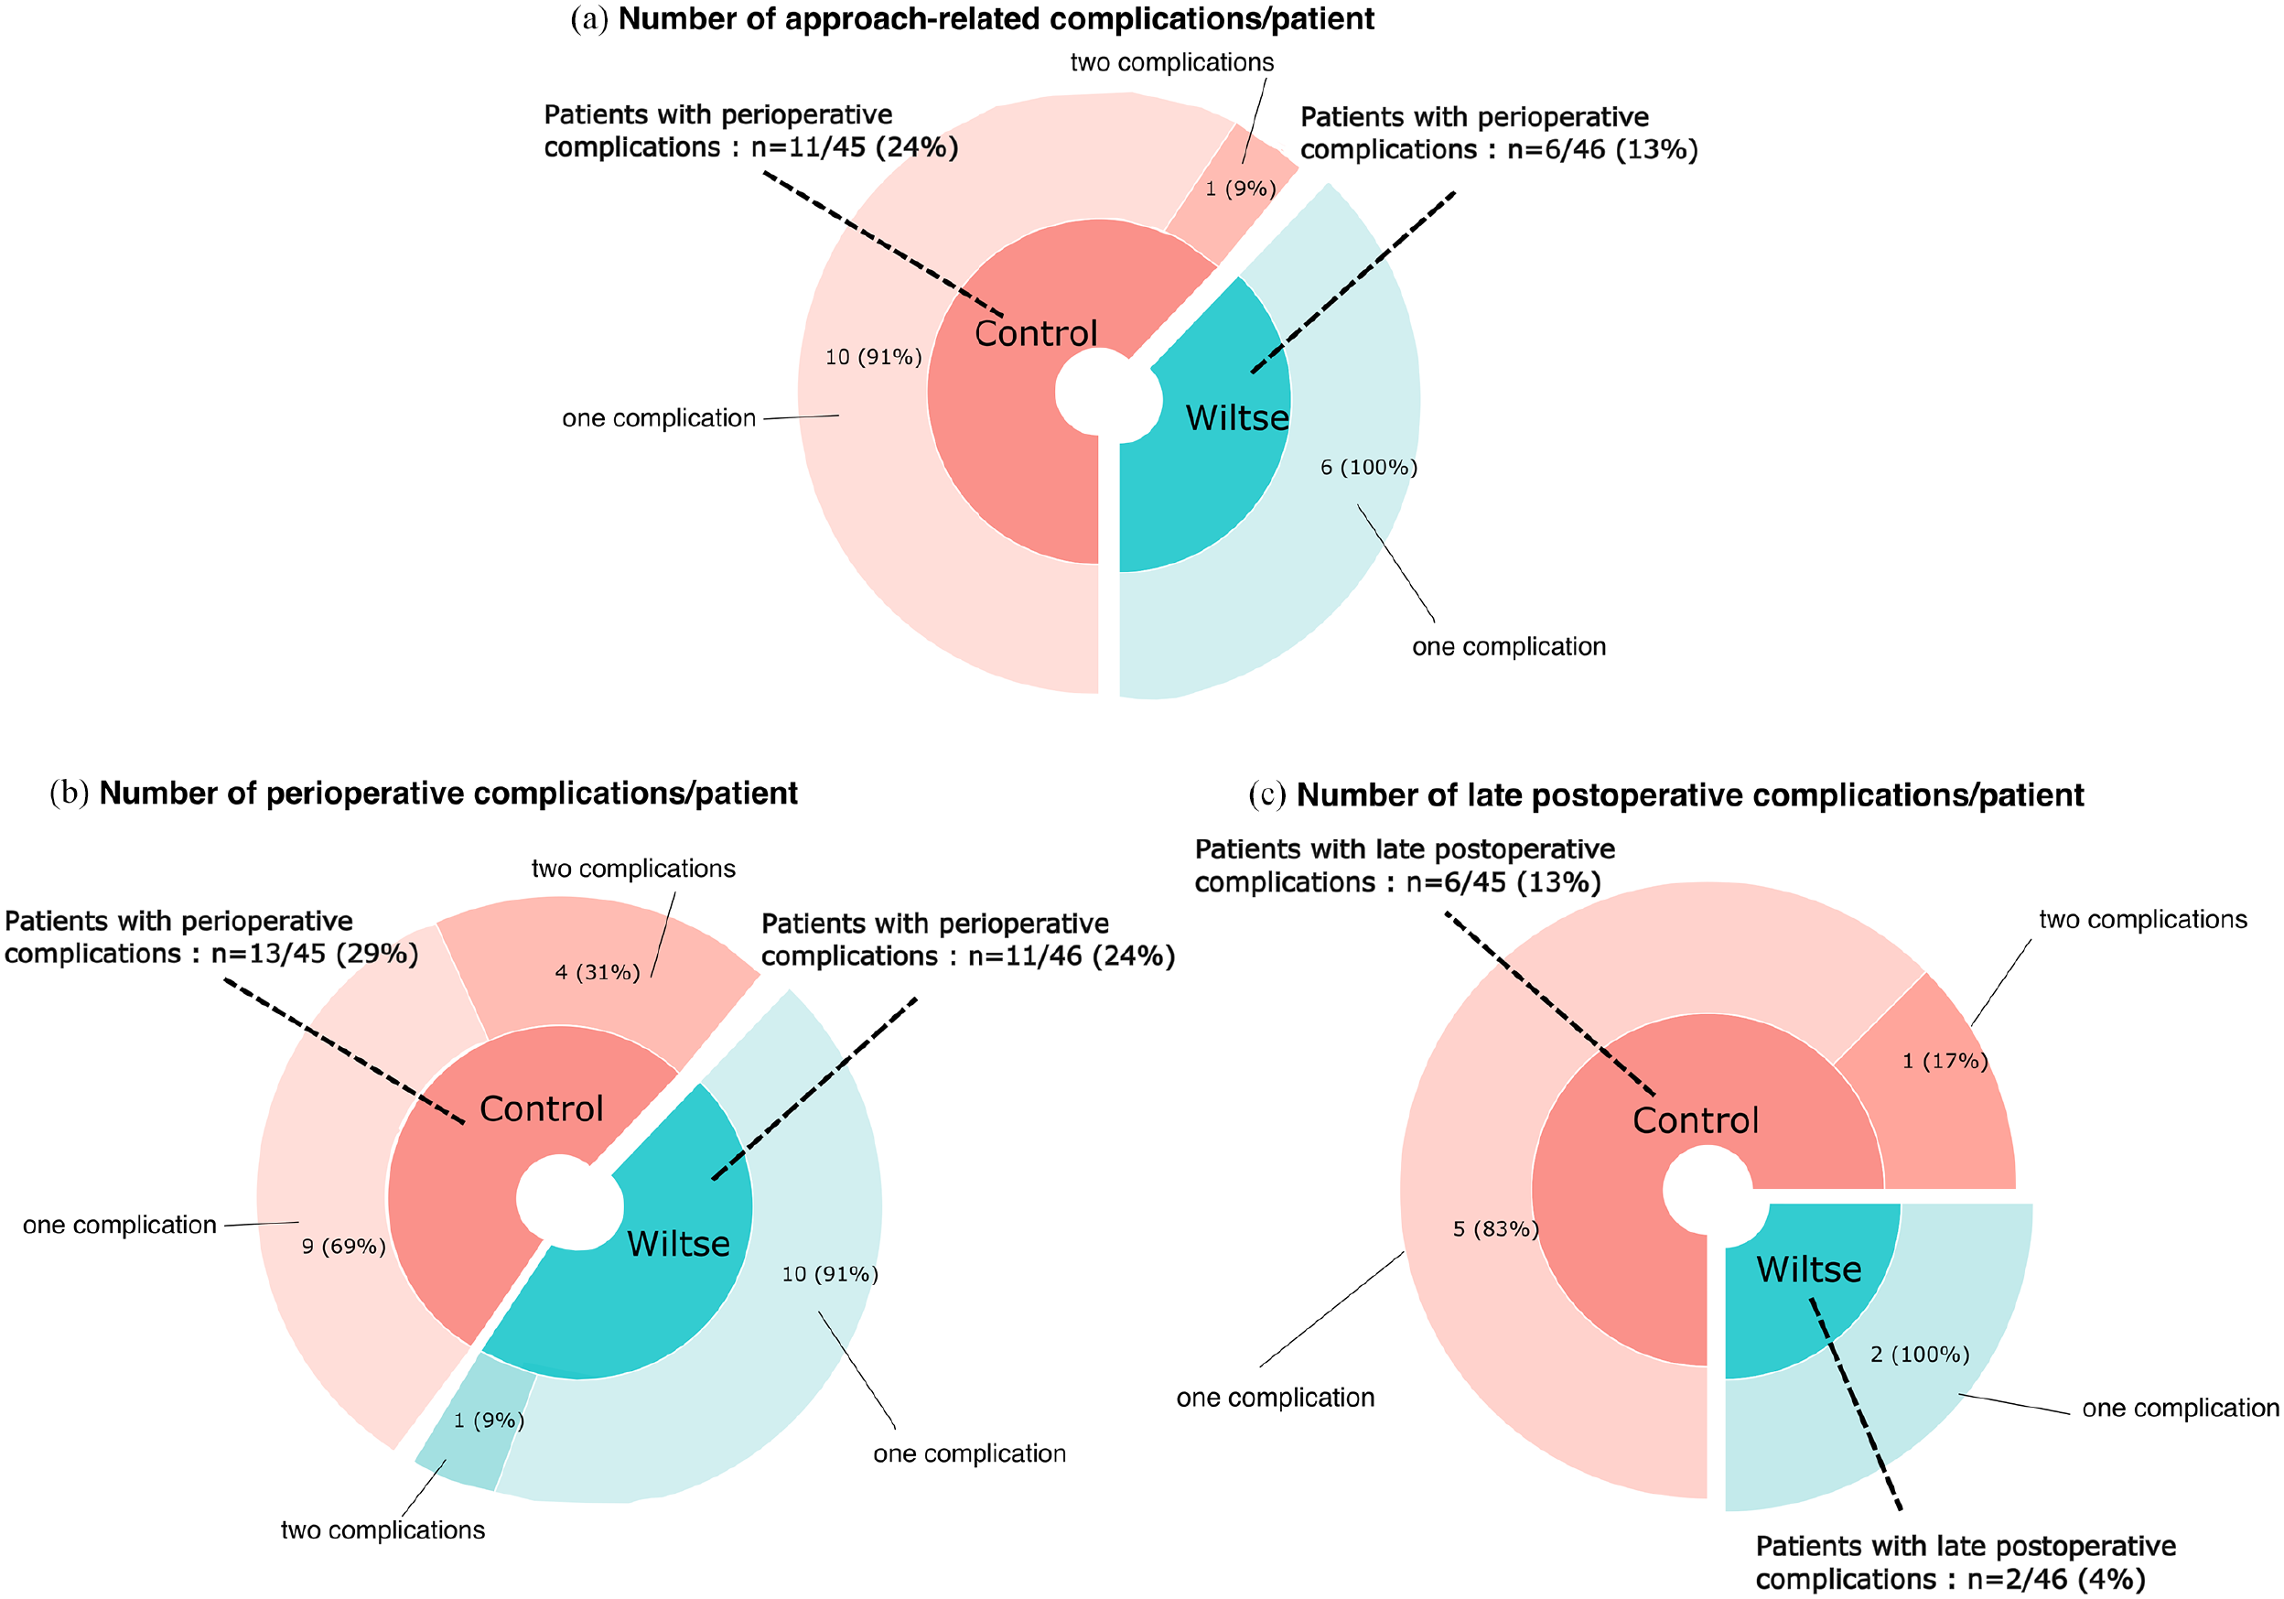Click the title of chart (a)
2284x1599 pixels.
972,19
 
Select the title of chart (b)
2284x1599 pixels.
424,793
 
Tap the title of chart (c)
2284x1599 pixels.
1666,795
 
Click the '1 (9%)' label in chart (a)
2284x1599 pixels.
1241,188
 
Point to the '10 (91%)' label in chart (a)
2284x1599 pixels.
873,356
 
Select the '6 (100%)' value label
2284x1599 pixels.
1369,467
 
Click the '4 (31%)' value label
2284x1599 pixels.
597,971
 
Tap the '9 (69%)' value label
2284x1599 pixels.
343,1246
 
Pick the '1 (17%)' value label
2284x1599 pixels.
1945,1061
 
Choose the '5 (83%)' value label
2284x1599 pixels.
1495,1229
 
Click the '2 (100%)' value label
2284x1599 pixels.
1920,1355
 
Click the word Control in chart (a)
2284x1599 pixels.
1036,333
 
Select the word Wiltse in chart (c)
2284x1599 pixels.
1808,1269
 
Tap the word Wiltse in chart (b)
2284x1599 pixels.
678,1244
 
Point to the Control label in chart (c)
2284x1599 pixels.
1695,1120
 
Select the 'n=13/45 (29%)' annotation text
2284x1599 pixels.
315,953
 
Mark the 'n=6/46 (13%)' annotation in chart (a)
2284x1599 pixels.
1602,149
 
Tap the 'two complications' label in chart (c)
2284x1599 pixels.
2143,919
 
